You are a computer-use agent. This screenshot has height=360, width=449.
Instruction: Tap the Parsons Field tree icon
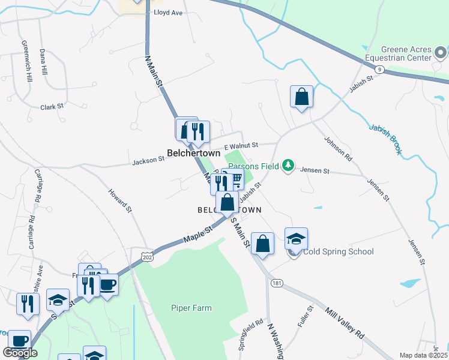coord(289,164)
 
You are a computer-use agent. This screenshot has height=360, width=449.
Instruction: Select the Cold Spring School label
coord(339,251)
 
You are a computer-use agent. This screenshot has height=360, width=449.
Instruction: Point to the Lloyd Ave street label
coord(168,12)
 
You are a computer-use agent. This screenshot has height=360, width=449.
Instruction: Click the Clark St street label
coord(52,107)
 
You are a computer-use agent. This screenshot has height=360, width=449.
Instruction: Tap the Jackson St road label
coord(148,160)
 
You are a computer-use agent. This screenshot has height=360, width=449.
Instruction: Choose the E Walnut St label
coord(241,145)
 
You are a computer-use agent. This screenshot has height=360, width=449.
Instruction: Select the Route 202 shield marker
coord(146,257)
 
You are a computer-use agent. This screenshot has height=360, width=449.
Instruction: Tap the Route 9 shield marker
coord(379,70)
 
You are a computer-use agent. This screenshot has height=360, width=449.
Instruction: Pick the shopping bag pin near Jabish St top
coord(301,97)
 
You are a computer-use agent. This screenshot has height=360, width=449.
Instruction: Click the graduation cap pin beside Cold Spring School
coord(296,239)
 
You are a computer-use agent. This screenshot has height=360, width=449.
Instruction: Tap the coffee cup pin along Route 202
coord(107,284)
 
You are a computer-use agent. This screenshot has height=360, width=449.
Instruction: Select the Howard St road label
coord(120,201)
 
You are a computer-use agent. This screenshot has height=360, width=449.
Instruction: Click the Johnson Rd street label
coord(338,149)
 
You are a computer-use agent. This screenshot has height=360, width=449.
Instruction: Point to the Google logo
coord(20,353)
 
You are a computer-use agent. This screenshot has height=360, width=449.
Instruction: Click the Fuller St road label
coord(306,316)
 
